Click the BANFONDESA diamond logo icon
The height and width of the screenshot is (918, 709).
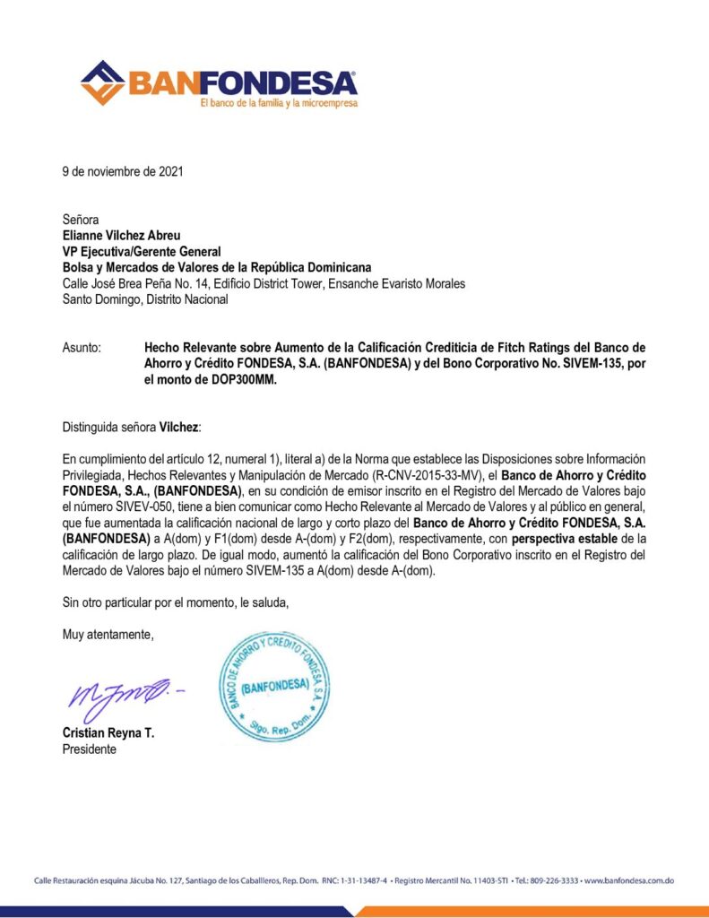click(102, 82)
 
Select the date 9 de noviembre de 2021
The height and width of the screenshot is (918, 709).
click(123, 171)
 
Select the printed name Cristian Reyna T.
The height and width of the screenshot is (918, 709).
click(108, 733)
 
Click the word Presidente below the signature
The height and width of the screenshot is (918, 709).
click(89, 749)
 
